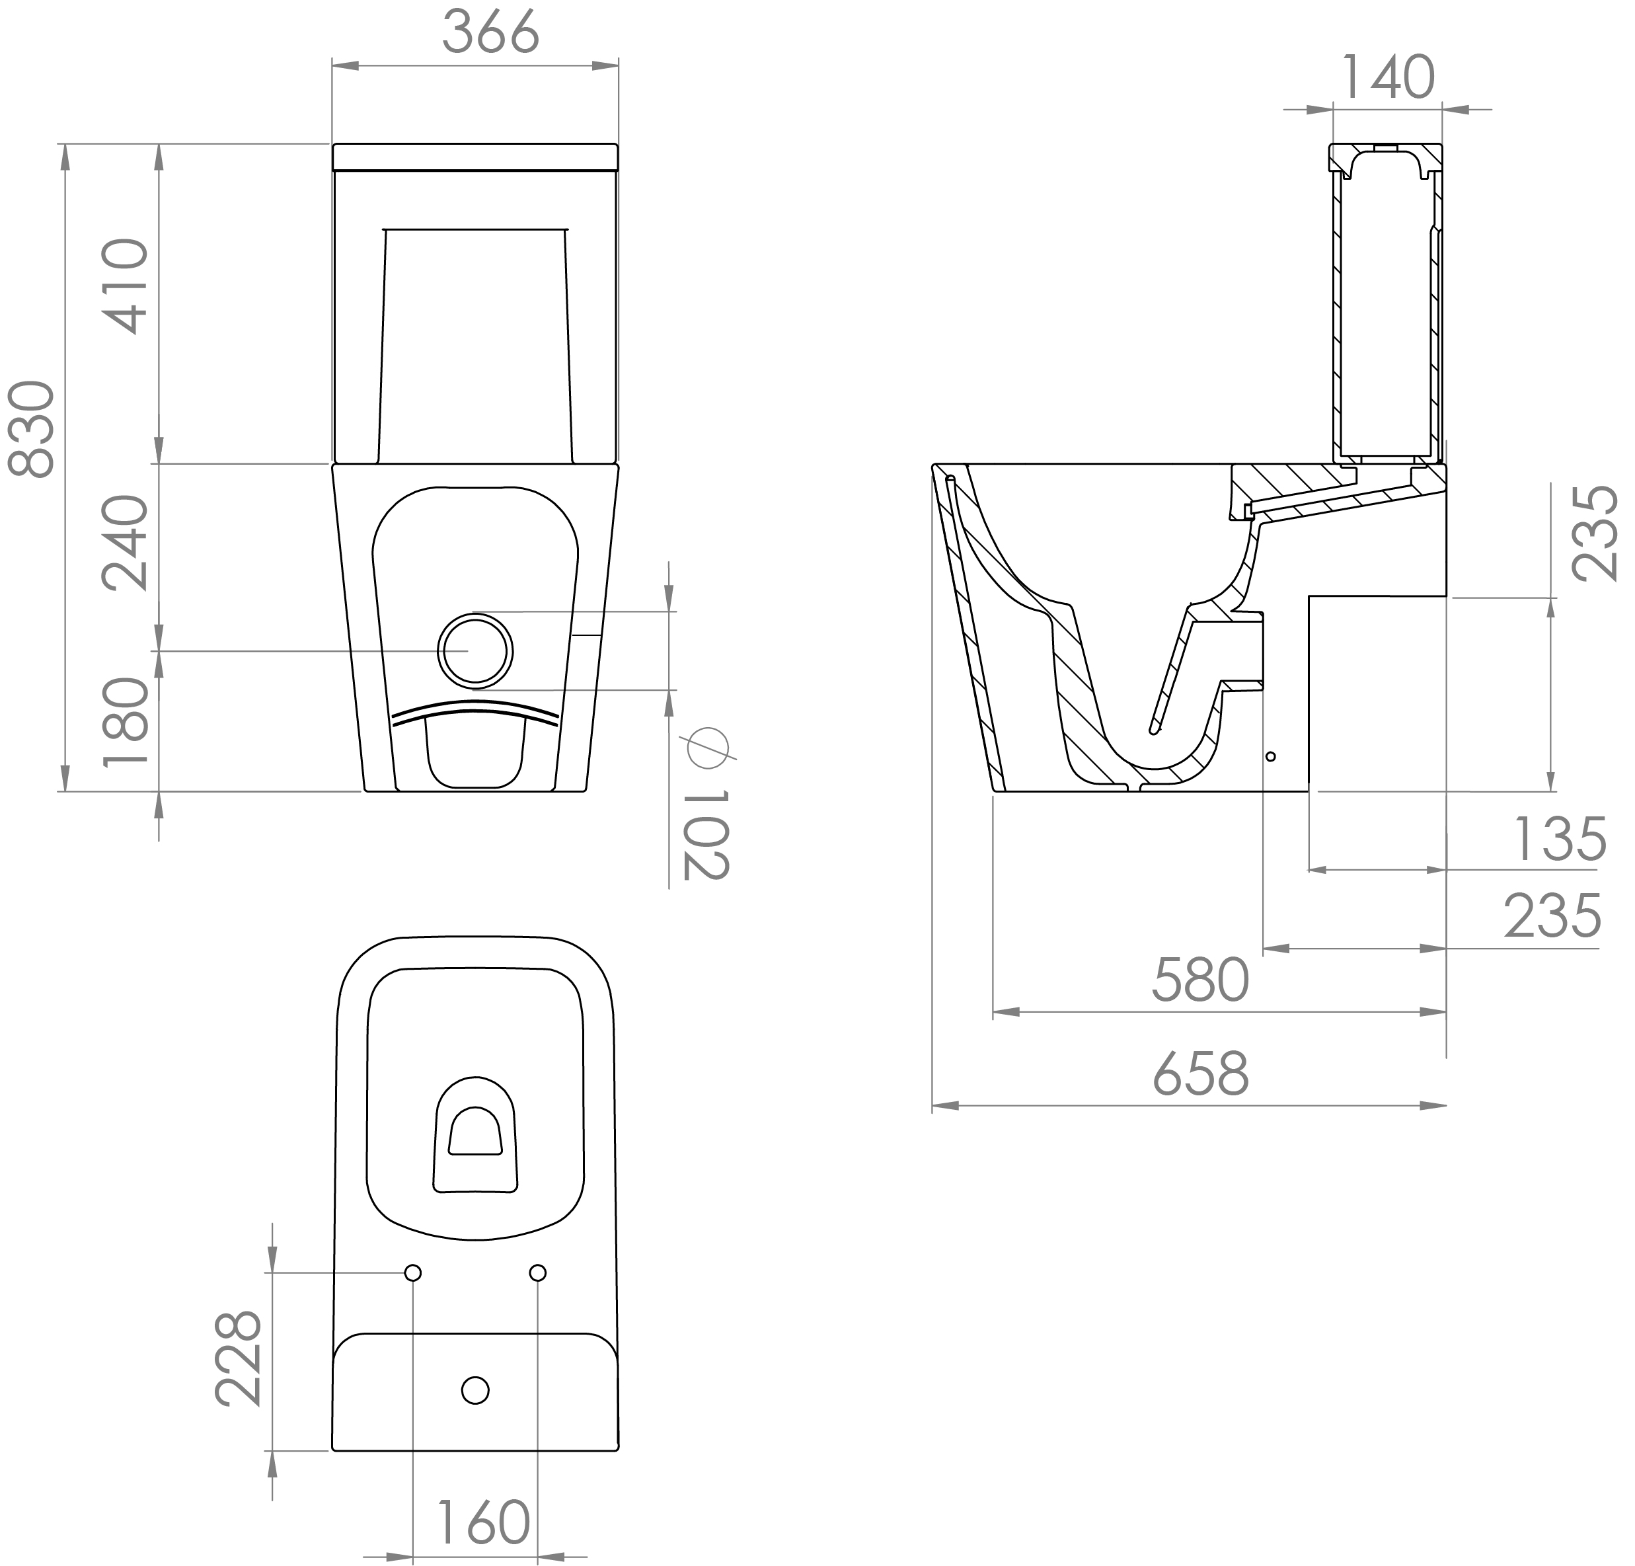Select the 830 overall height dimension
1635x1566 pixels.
(x=32, y=429)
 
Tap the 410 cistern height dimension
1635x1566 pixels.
(x=125, y=286)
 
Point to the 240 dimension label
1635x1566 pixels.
(x=125, y=542)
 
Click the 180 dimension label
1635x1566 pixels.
(x=125, y=722)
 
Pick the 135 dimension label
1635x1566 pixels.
(x=1558, y=840)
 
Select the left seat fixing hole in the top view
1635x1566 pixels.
(x=413, y=1272)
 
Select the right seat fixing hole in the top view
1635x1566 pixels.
(x=538, y=1272)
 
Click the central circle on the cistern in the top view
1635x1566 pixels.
(x=475, y=1391)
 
